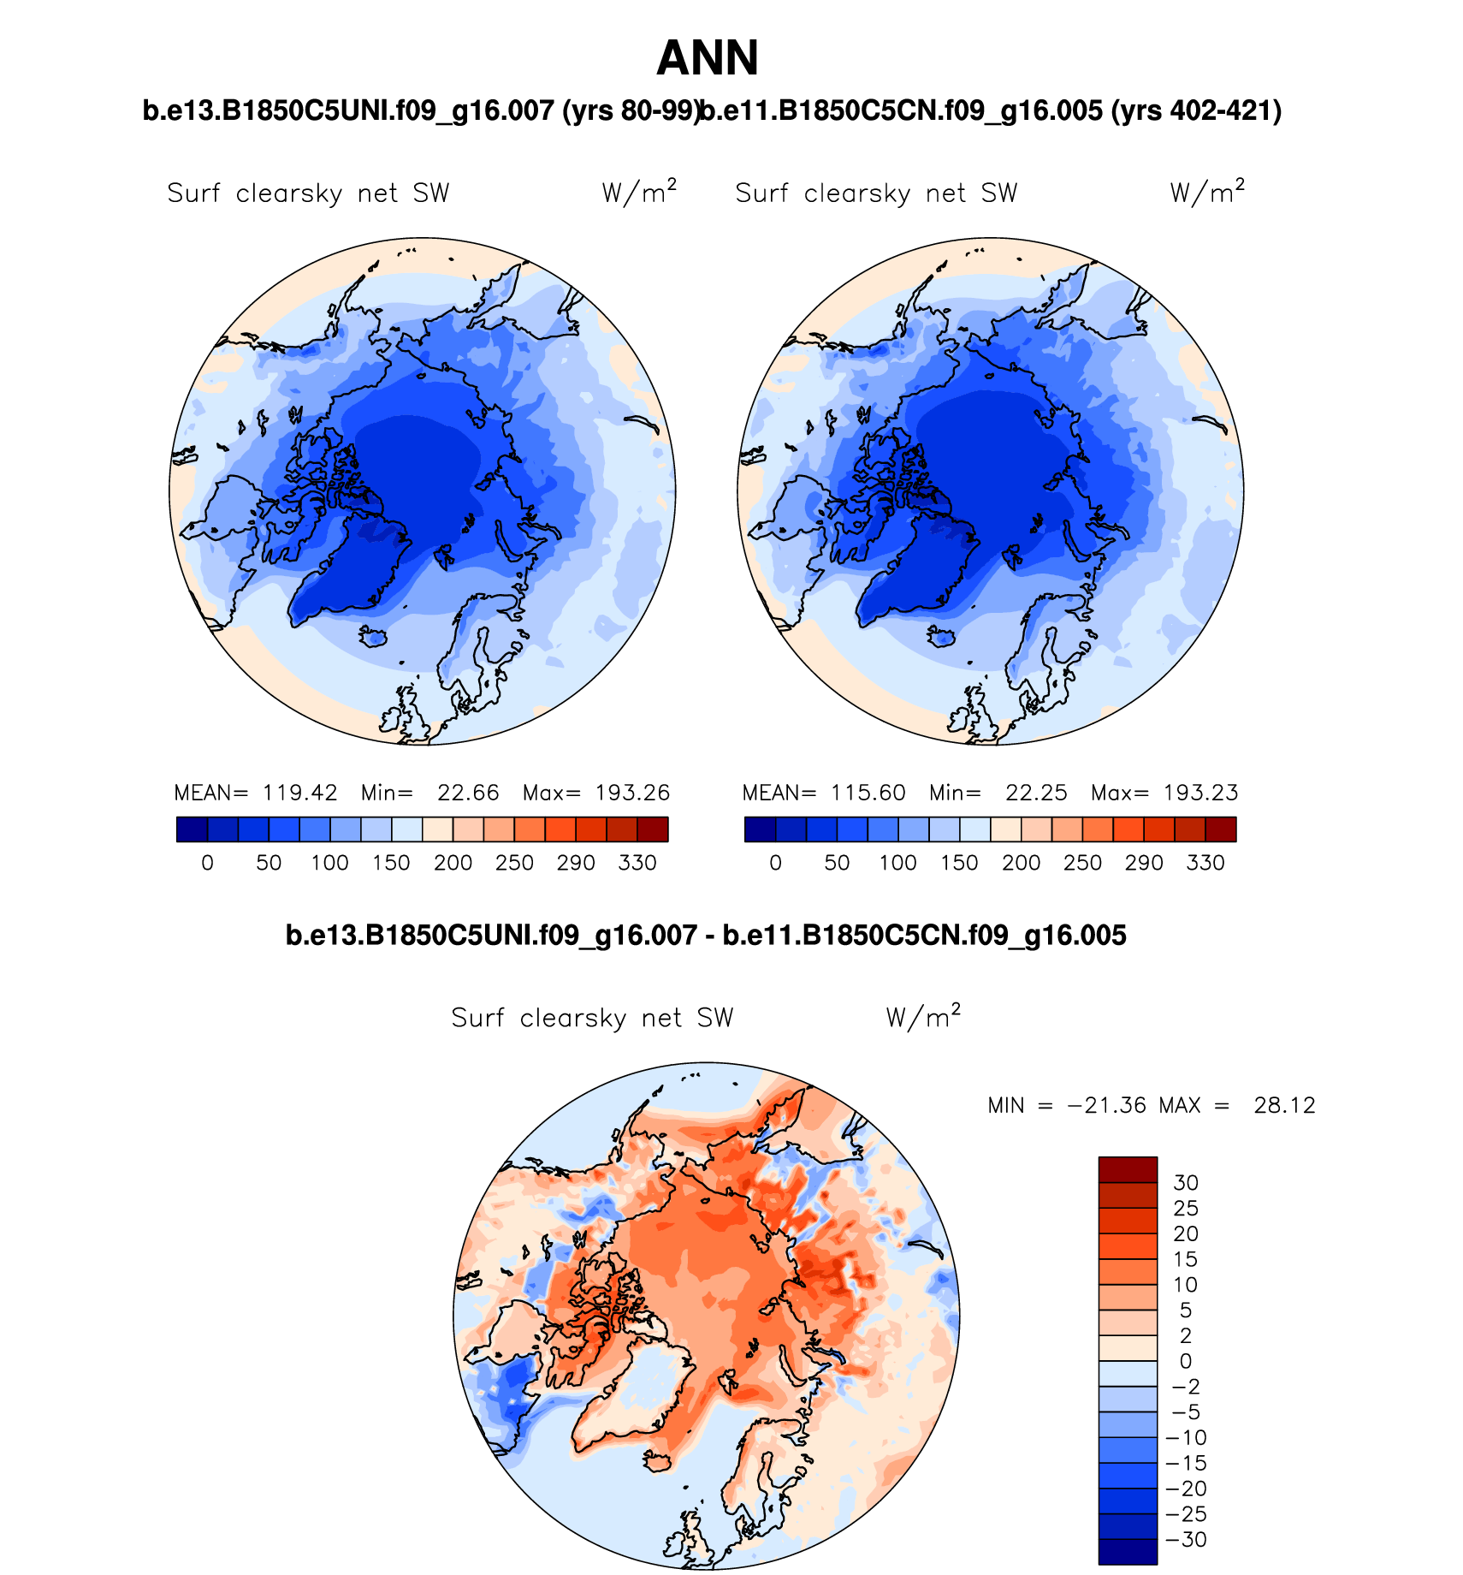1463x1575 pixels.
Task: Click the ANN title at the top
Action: click(708, 58)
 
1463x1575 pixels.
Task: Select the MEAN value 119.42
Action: click(299, 793)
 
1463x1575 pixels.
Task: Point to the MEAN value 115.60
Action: click(868, 793)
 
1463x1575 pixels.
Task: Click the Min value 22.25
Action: click(1036, 793)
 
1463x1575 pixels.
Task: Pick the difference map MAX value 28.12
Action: click(1284, 1105)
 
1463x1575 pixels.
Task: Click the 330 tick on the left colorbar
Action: click(637, 863)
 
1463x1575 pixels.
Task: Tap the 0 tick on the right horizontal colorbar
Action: click(775, 863)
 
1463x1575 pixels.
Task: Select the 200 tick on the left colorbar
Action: click(453, 863)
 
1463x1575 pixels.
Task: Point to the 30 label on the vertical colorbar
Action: click(1186, 1183)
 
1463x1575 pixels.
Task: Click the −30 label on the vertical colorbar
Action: click(1186, 1539)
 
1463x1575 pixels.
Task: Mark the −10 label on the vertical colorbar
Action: click(1186, 1437)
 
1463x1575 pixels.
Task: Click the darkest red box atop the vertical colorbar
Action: click(1128, 1169)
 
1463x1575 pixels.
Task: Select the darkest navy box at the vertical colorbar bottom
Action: click(1128, 1551)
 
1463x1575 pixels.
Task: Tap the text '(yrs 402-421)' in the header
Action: click(1195, 110)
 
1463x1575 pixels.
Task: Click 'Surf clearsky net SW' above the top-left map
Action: click(308, 193)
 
